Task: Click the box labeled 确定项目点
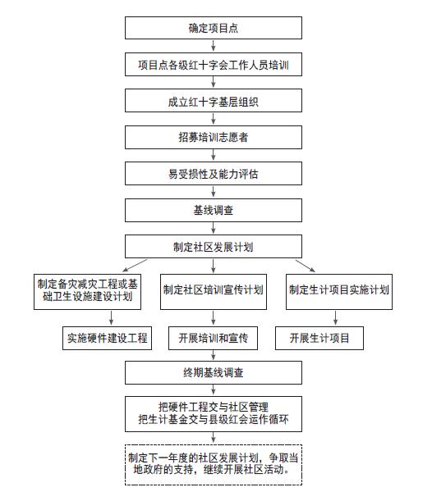coord(214,28)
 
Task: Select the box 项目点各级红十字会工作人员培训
coord(214,65)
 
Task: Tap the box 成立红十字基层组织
coord(214,101)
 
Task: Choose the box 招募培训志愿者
coord(214,138)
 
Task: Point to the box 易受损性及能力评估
coord(214,174)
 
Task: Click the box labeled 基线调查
coord(214,210)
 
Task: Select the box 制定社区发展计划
coord(214,247)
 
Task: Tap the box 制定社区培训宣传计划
coord(214,292)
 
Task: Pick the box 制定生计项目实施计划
coord(339,292)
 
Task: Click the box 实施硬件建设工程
coord(108,338)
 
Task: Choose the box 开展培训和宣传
coord(213,338)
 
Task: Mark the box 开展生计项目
coord(319,338)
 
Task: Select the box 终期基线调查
coord(214,372)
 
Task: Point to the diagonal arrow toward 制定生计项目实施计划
coord(306,266)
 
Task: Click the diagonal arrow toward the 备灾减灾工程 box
coord(135,266)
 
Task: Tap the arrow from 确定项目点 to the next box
coord(214,45)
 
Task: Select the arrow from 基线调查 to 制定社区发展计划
coord(214,228)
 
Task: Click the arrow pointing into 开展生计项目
coord(335,318)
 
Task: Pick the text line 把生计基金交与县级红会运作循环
coord(214,419)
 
